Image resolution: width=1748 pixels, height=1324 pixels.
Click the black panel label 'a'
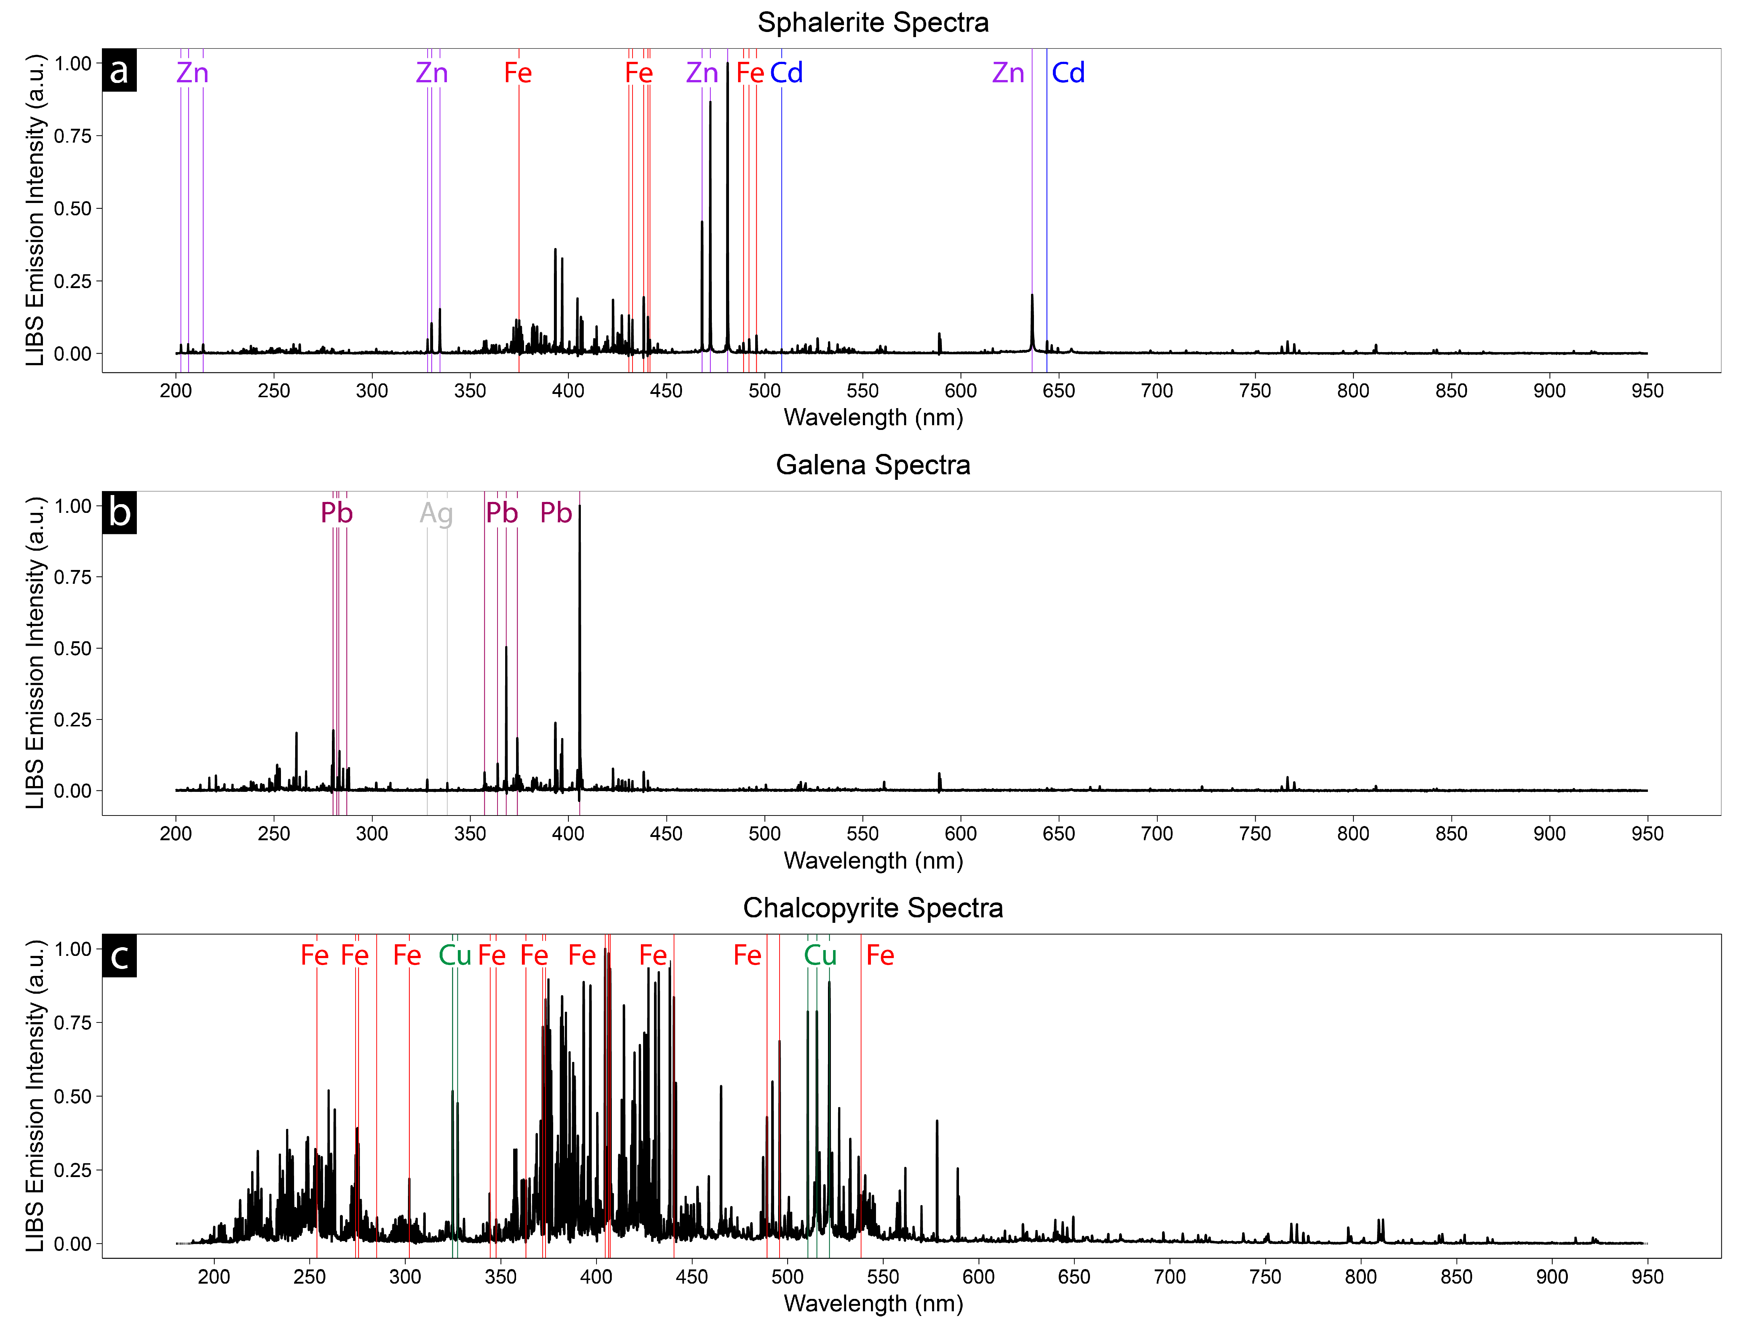(x=119, y=70)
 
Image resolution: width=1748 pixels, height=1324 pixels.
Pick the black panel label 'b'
(x=119, y=513)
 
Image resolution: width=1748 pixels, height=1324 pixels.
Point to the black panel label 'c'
(x=119, y=956)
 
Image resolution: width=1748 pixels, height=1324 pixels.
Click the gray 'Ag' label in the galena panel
(x=436, y=514)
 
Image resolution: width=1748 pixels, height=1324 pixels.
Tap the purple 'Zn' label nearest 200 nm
(x=192, y=73)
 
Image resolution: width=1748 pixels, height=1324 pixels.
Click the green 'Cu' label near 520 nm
(x=820, y=956)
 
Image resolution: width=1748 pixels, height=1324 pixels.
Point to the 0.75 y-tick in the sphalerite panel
(x=73, y=136)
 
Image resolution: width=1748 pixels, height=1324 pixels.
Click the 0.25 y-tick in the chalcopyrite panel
(x=73, y=1170)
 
